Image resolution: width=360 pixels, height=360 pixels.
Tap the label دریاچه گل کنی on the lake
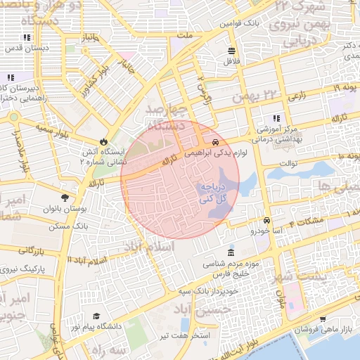tap(213, 194)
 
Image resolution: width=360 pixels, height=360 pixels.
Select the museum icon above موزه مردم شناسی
tap(231, 253)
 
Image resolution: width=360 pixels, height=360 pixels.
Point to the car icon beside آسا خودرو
tap(266, 220)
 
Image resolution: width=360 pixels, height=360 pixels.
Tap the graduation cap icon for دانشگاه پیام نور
tap(96, 316)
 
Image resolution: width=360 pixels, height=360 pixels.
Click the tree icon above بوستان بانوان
tap(65, 198)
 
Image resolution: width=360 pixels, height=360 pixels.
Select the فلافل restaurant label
tap(232, 61)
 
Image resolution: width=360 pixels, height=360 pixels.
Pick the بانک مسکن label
tap(69, 227)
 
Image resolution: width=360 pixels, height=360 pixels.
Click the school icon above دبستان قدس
tap(27, 37)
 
